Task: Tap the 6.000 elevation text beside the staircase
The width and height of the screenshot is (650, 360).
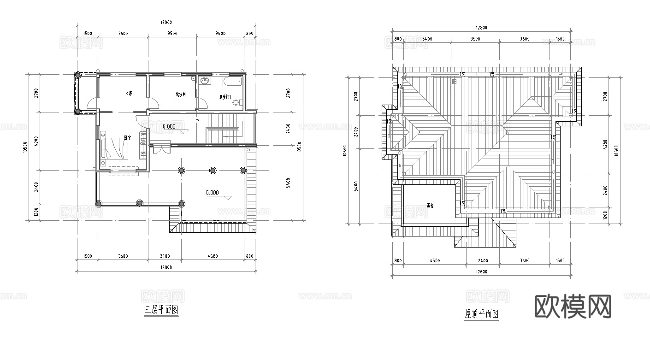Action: pyautogui.click(x=168, y=126)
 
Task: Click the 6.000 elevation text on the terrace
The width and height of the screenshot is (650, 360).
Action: pyautogui.click(x=212, y=193)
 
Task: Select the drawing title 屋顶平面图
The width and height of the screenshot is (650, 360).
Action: pyautogui.click(x=482, y=314)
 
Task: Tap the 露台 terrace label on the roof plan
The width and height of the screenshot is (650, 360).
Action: pyautogui.click(x=431, y=205)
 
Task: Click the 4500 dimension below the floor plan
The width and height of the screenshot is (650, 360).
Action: pyautogui.click(x=213, y=256)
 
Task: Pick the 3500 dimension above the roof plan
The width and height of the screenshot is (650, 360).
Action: pyautogui.click(x=474, y=39)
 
